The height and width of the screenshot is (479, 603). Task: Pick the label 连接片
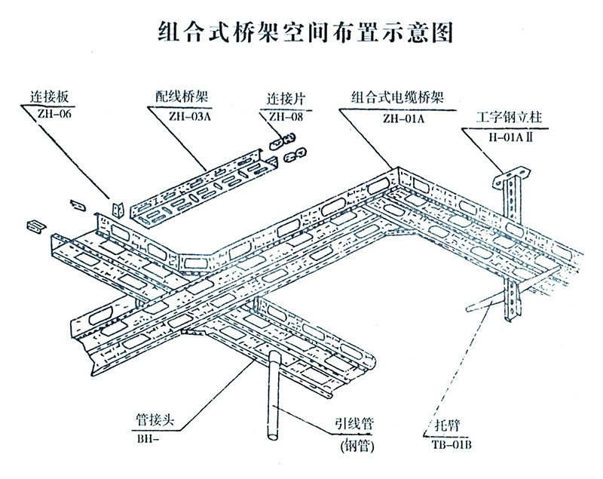[283, 99]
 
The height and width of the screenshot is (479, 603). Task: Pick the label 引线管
[354, 424]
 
